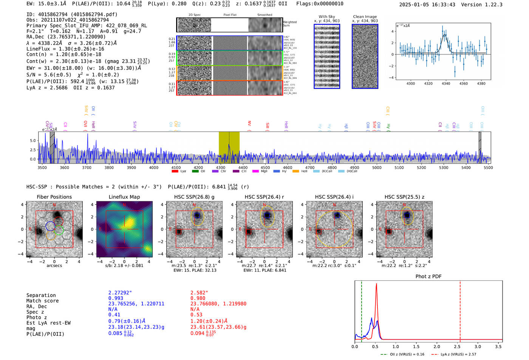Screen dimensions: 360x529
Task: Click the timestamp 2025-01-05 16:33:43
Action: [x=427, y=5]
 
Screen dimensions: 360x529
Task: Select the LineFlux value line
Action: [x=65, y=49]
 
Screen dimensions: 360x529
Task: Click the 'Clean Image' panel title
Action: [x=365, y=17]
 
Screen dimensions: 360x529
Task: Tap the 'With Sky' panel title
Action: [x=327, y=17]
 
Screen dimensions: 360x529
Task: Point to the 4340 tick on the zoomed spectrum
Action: [x=446, y=83]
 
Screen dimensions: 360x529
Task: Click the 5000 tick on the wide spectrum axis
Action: [x=377, y=167]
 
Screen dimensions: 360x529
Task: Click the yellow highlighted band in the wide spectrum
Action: [x=229, y=147]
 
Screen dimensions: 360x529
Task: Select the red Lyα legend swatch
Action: [x=175, y=171]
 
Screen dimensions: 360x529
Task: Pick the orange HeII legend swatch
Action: [x=295, y=171]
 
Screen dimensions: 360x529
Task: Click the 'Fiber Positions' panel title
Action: [x=54, y=197]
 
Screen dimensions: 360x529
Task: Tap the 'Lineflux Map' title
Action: [x=124, y=197]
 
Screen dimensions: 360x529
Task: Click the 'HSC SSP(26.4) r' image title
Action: [x=264, y=197]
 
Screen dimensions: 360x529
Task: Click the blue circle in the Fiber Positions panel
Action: [x=50, y=226]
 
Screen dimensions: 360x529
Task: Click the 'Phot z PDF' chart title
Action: [x=428, y=277]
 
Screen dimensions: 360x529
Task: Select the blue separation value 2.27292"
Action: [x=120, y=293]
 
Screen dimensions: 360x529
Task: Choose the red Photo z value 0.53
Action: [x=196, y=315]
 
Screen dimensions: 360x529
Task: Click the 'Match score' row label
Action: [x=42, y=301]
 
